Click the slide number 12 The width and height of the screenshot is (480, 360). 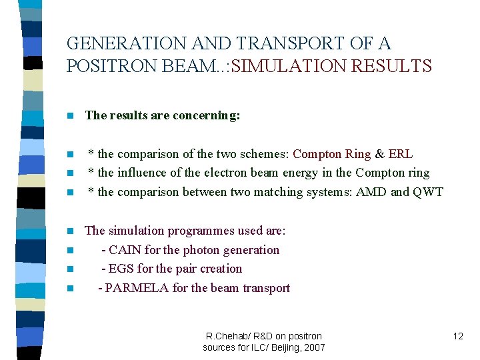click(x=457, y=336)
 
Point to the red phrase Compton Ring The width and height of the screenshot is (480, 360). click(x=331, y=154)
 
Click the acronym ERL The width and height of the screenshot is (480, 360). click(x=400, y=154)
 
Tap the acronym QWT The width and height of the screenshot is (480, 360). click(x=427, y=193)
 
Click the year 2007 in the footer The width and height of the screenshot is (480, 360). click(x=313, y=347)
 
